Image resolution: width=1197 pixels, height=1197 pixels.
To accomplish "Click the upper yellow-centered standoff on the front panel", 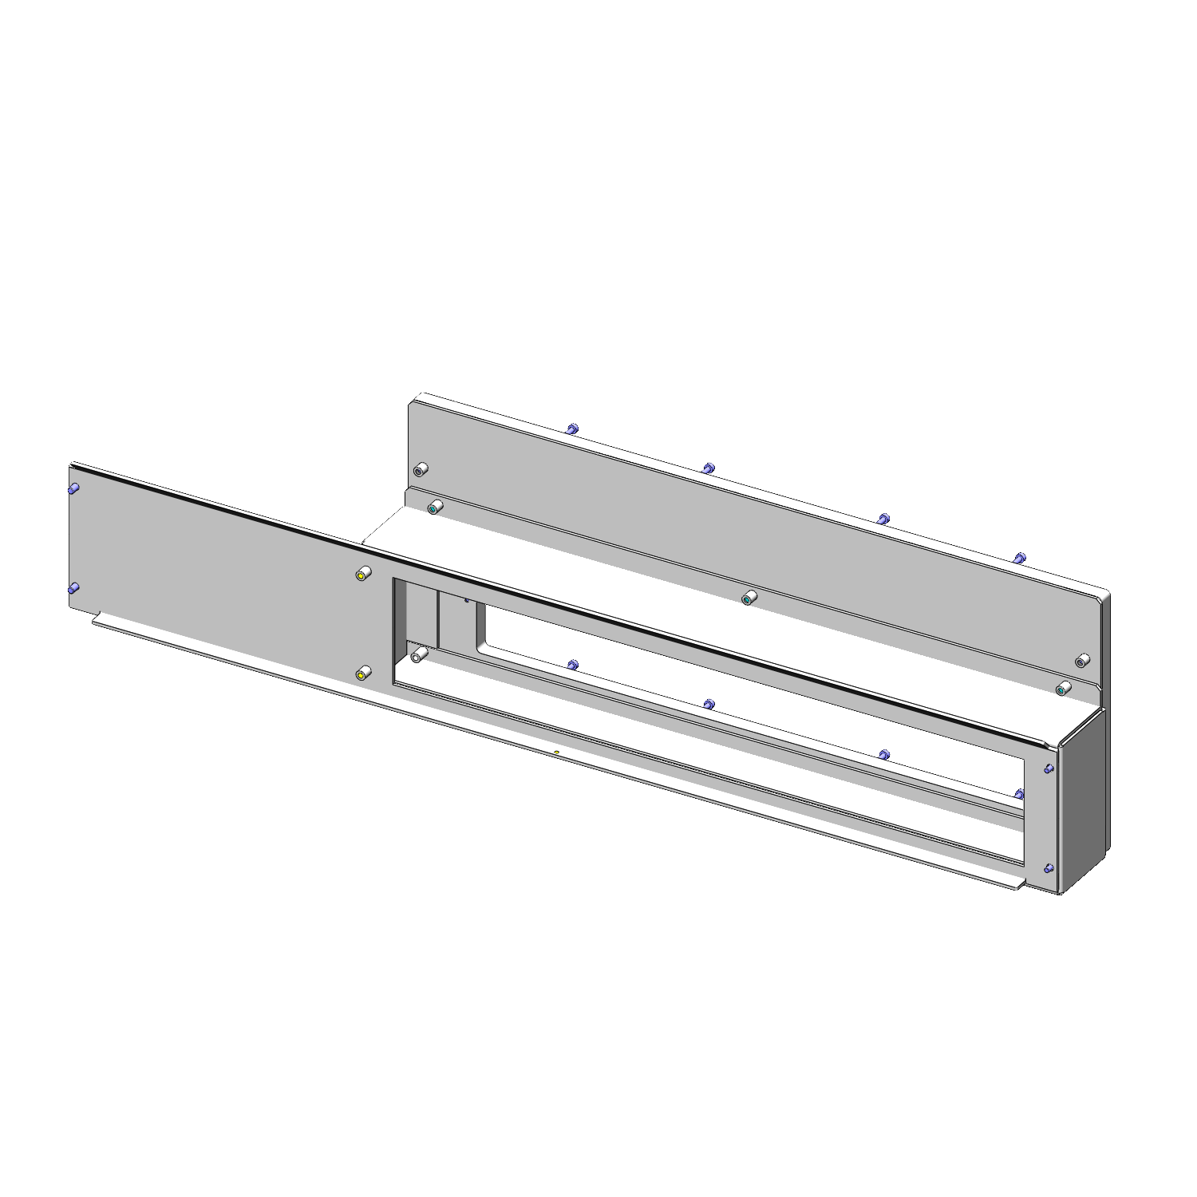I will tap(362, 575).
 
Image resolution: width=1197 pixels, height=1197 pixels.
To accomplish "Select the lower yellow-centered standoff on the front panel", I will tap(362, 675).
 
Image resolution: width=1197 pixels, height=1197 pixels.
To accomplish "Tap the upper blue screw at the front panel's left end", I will tap(73, 488).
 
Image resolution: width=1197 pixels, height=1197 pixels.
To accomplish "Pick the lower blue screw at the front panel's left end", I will tap(73, 589).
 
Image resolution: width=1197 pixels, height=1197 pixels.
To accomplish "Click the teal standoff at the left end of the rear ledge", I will tap(434, 508).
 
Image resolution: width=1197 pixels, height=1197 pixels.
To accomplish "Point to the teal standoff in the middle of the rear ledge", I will tap(748, 598).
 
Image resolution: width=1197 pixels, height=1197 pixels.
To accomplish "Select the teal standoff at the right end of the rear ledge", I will tap(1061, 689).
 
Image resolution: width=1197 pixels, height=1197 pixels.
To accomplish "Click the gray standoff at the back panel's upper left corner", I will tap(419, 469).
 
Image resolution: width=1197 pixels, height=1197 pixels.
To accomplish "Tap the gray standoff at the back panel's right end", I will tap(1082, 661).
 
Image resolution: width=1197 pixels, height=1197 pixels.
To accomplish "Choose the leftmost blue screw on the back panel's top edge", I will tap(571, 429).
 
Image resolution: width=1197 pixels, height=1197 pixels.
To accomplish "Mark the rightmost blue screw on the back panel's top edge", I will tap(1019, 557).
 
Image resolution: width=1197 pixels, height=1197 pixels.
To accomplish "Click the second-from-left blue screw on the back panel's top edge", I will tap(708, 468).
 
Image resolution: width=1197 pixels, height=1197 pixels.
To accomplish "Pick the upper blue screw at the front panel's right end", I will tap(1049, 768).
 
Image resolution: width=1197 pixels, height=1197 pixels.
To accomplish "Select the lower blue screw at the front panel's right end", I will tap(1049, 868).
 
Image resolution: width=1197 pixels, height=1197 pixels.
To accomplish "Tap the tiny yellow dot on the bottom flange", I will tap(556, 752).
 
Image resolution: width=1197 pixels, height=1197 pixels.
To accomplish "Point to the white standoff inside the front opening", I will tap(417, 657).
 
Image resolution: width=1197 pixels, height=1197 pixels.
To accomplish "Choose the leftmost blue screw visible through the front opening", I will tap(572, 664).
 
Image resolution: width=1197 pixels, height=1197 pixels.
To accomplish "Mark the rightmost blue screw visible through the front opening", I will tap(1019, 793).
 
